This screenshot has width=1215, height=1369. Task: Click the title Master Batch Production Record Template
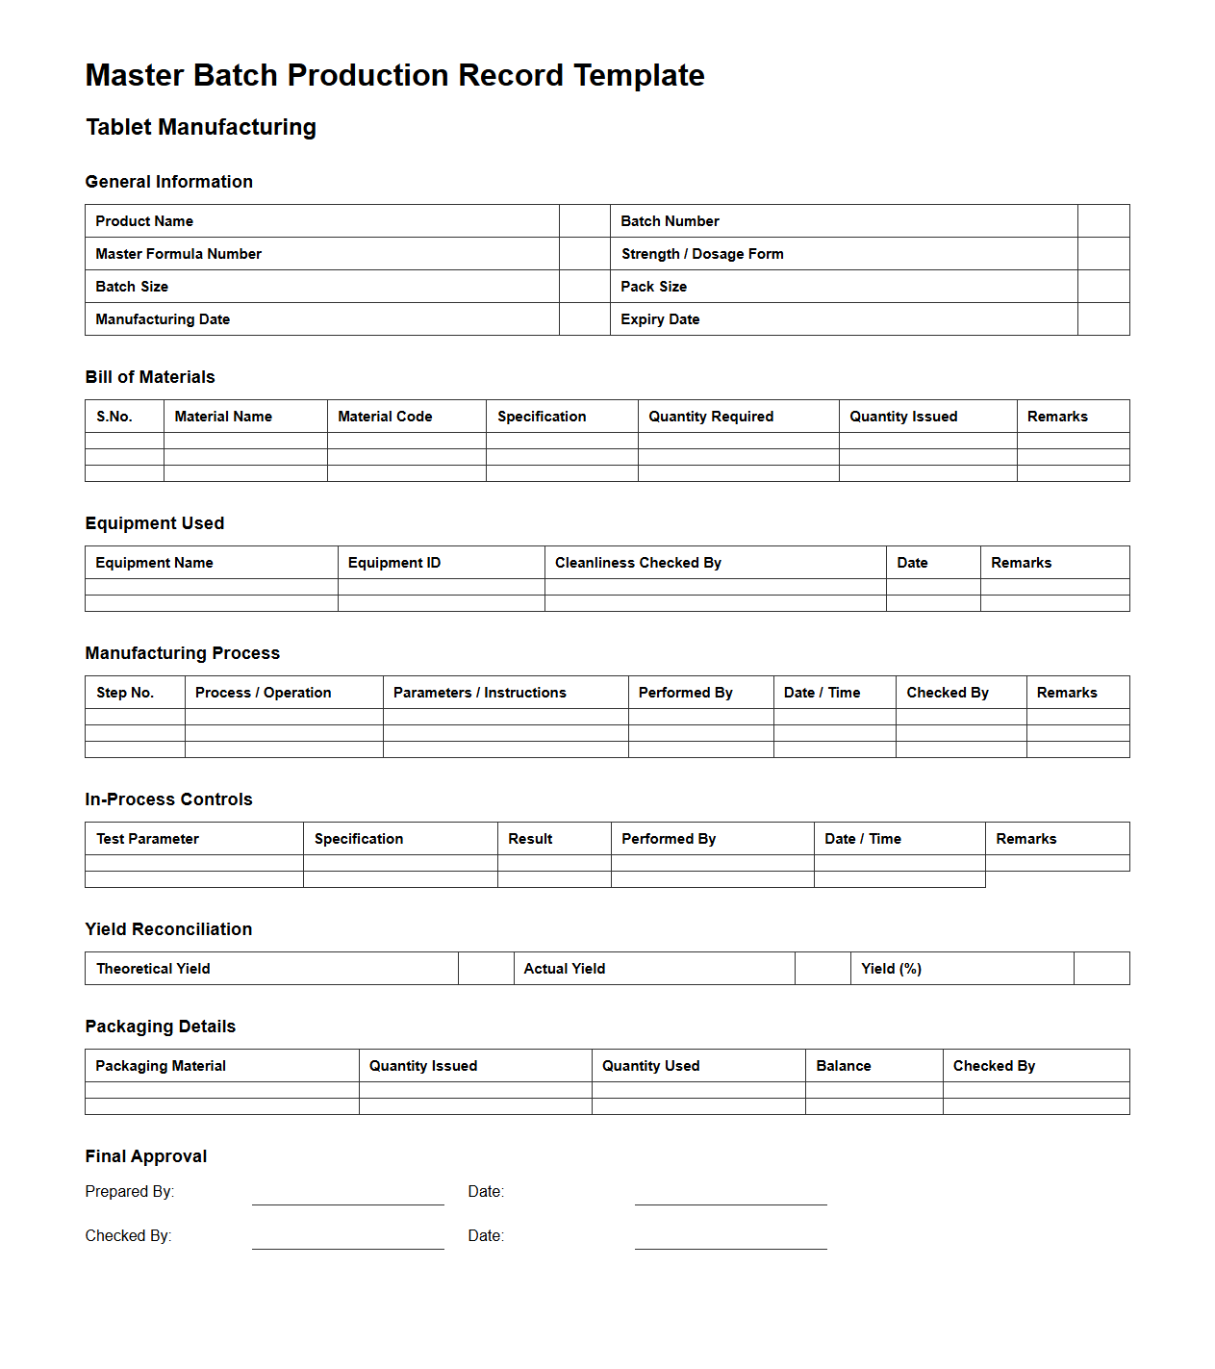click(x=394, y=75)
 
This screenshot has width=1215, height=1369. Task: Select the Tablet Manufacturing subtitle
click(x=200, y=127)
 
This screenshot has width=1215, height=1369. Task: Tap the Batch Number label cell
click(x=670, y=221)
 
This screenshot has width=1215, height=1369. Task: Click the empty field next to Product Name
click(x=584, y=221)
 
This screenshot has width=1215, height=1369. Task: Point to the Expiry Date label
click(x=660, y=319)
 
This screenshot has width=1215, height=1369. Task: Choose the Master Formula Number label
click(x=178, y=254)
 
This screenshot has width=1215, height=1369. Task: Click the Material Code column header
click(x=385, y=417)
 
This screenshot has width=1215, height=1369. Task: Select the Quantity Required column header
click(x=710, y=417)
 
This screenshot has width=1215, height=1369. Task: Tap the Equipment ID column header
click(x=394, y=563)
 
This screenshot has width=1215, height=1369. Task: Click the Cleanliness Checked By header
click(x=638, y=563)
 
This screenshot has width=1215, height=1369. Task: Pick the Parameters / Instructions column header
click(x=479, y=693)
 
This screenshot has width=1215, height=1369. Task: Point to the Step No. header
click(x=125, y=693)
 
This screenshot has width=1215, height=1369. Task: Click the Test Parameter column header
click(x=147, y=839)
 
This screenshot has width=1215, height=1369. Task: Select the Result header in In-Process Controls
click(x=530, y=839)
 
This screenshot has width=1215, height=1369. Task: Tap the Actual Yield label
click(x=565, y=969)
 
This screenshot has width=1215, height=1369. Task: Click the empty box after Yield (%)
click(x=1101, y=969)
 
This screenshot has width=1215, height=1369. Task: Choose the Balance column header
click(x=844, y=1066)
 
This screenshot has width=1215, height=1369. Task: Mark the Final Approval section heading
click(x=146, y=1156)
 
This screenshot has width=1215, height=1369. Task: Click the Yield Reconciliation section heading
click(x=168, y=929)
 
